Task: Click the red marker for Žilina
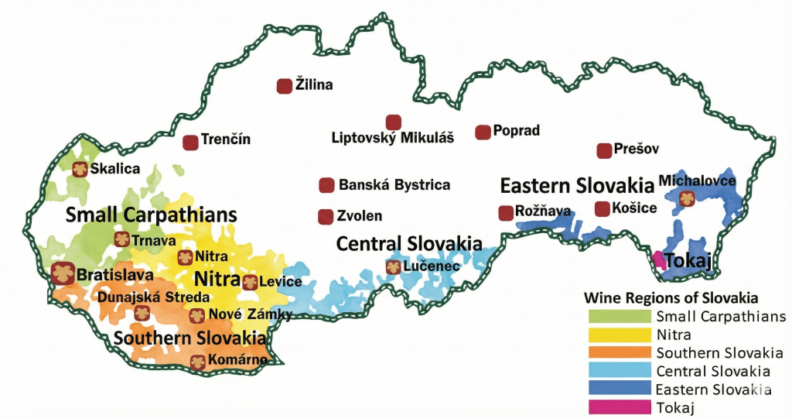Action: [285, 86]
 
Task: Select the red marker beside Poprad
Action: [483, 132]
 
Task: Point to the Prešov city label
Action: [637, 149]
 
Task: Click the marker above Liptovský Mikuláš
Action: [394, 122]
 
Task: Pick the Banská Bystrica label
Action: [394, 185]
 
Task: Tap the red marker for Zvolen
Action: [326, 216]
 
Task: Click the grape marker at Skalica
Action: [79, 169]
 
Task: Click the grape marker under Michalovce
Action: [686, 199]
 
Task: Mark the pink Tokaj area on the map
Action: [660, 259]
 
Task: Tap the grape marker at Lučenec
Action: [393, 267]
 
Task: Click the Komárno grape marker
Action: [198, 360]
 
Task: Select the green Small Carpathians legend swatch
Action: [619, 316]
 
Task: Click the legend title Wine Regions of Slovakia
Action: [669, 298]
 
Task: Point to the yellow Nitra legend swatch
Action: [619, 334]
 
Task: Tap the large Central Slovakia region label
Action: [409, 243]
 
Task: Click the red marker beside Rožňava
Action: [506, 212]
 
